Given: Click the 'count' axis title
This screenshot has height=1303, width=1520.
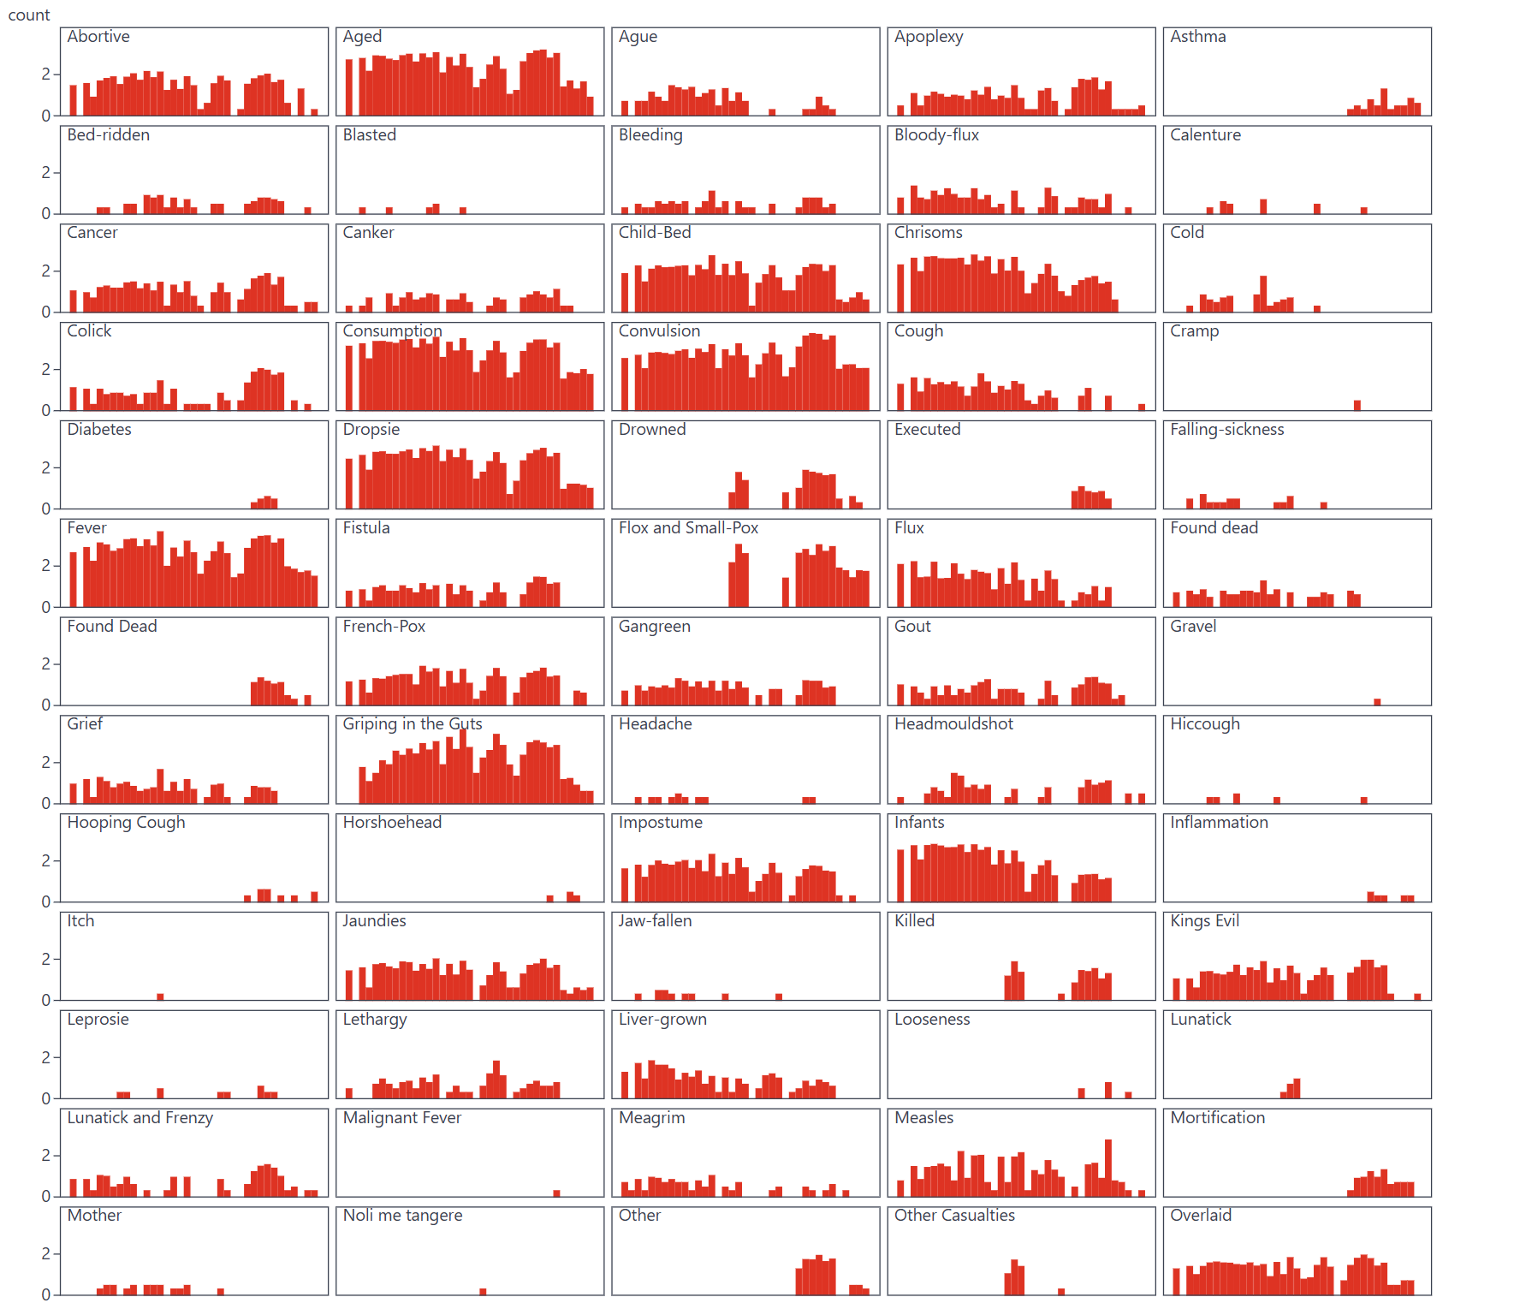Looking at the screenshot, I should (x=29, y=15).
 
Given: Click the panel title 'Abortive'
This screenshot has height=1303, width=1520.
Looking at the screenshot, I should (x=98, y=37).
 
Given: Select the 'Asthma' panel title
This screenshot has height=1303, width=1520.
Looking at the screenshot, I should (x=1197, y=37).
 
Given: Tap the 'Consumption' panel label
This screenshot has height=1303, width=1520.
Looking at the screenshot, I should (x=392, y=331).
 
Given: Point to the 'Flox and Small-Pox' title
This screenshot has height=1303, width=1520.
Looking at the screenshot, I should (x=688, y=528).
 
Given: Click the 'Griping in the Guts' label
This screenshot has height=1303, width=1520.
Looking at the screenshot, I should (x=412, y=724).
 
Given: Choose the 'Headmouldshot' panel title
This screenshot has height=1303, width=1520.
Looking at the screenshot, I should (x=953, y=724).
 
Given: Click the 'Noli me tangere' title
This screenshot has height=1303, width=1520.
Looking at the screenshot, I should (x=402, y=1216).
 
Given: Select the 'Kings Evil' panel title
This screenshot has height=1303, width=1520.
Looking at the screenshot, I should (x=1204, y=921).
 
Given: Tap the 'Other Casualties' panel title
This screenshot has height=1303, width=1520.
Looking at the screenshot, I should (x=954, y=1216).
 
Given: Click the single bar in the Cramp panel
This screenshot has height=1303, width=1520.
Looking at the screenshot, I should (x=1357, y=406).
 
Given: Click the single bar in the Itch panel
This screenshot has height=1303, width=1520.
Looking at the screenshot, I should (x=160, y=997).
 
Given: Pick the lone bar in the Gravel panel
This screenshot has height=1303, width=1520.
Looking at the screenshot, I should (x=1377, y=702).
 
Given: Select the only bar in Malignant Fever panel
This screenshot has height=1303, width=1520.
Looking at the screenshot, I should (x=556, y=1193).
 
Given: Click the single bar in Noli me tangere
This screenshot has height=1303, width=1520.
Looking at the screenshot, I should (x=483, y=1292).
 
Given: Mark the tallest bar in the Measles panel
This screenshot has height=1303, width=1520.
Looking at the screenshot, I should (x=1108, y=1169).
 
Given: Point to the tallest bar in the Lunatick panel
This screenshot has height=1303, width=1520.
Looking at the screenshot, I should (x=1297, y=1088).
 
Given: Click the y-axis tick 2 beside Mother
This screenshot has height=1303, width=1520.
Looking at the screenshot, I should (x=46, y=1254).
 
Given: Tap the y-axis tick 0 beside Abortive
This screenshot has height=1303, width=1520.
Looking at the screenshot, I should (x=46, y=116).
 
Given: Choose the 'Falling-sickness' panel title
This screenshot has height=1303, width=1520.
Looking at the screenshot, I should (x=1226, y=430).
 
